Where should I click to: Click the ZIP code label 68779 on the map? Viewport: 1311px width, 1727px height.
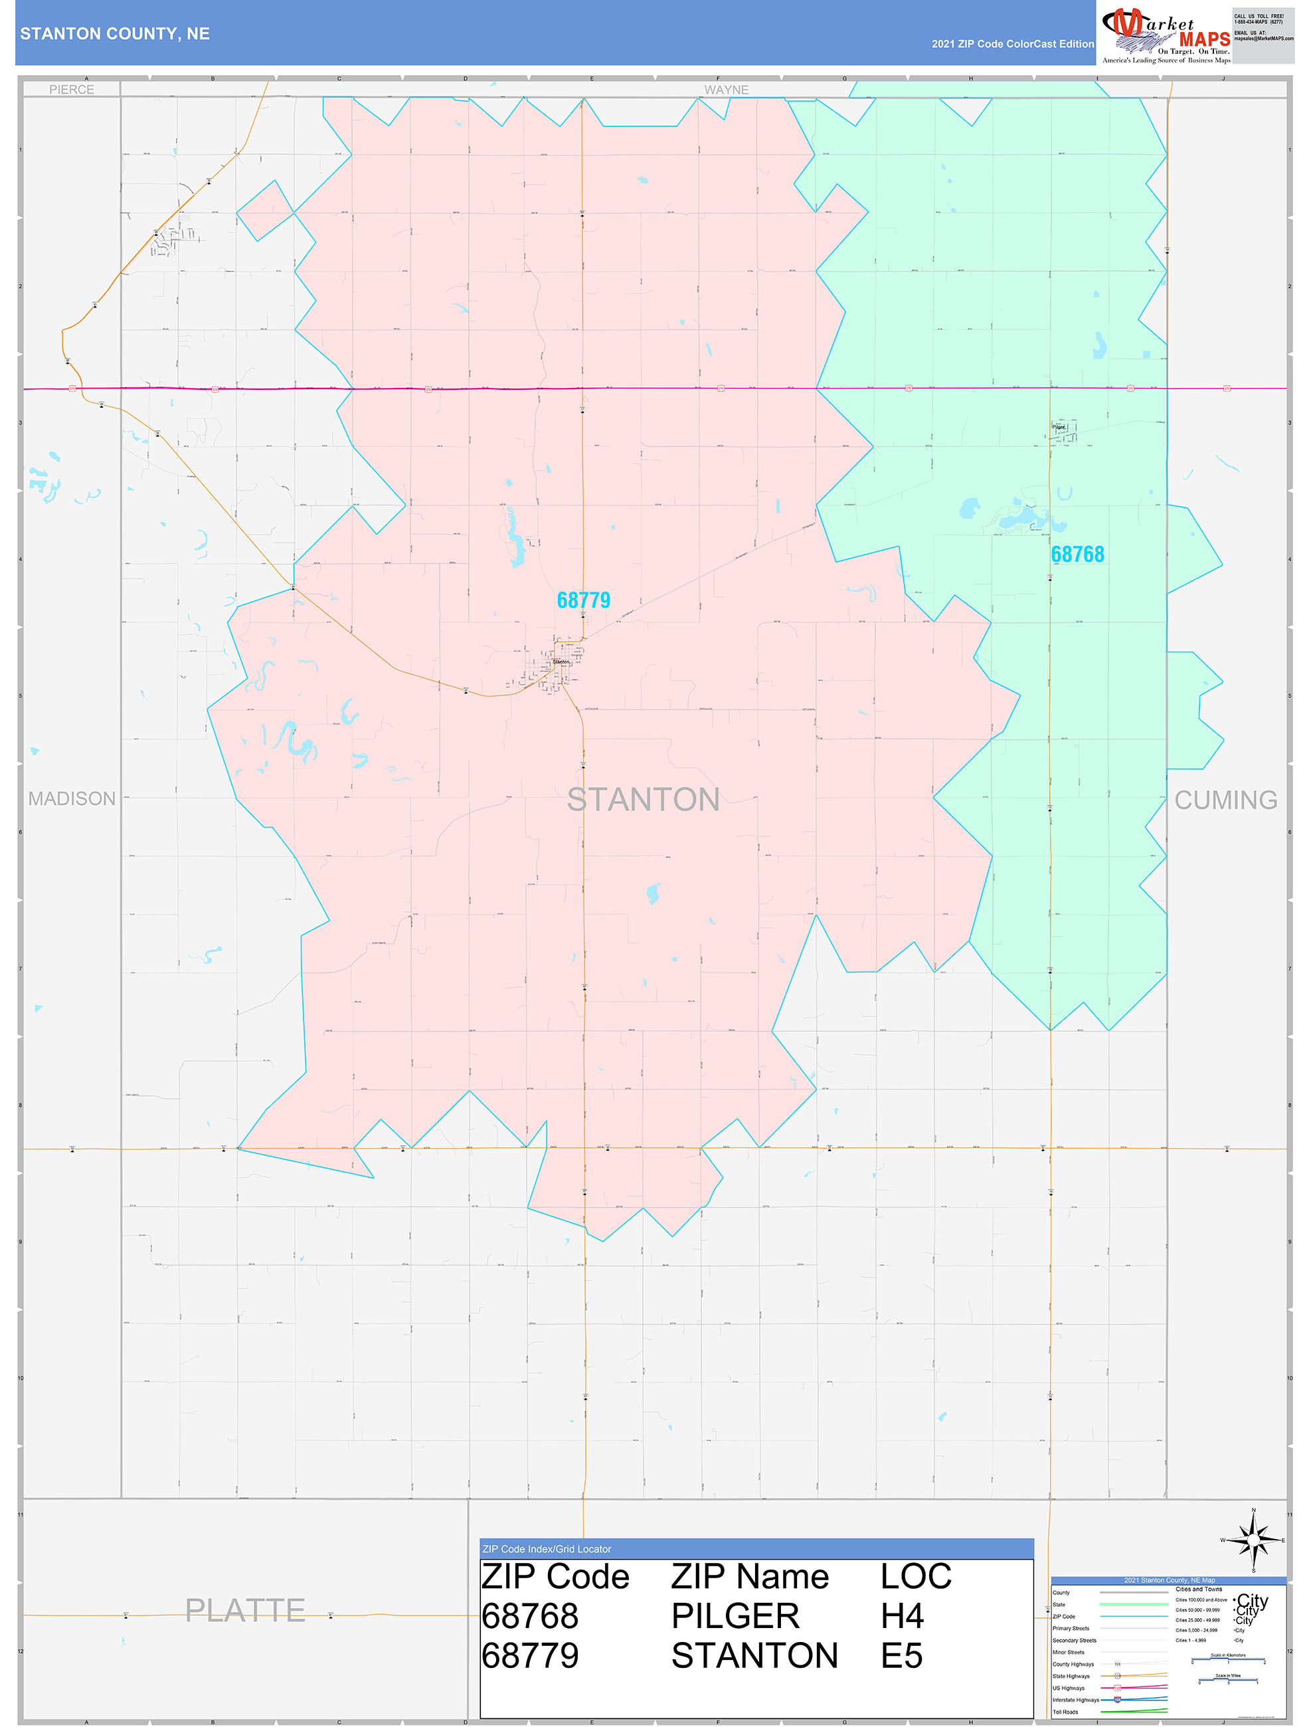tap(583, 600)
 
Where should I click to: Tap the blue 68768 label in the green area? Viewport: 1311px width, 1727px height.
tap(1077, 555)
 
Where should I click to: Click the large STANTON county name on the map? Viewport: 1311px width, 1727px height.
tap(643, 800)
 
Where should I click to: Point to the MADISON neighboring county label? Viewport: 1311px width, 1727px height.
tap(72, 798)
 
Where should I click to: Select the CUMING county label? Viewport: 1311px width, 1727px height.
tap(1226, 800)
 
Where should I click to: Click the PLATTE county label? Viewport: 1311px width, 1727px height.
tap(245, 1611)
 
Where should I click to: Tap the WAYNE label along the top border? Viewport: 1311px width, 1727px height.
tap(726, 90)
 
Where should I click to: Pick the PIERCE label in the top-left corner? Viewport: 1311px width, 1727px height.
tap(72, 90)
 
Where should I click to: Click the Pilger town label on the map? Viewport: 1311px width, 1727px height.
tap(1059, 427)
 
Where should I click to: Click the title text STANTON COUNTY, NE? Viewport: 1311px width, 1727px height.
tap(115, 34)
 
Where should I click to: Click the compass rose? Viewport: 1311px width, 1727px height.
tap(1253, 1540)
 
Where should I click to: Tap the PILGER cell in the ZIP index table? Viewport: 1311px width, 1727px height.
tap(736, 1616)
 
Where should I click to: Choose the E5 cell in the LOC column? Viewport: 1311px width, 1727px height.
tap(902, 1656)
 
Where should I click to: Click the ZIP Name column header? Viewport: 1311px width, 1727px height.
tap(750, 1576)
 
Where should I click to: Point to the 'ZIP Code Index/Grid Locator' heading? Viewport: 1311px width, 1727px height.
tap(547, 1549)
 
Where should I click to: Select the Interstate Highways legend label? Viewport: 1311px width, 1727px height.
tap(1075, 1700)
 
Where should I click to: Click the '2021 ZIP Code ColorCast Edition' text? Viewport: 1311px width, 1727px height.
tap(1012, 44)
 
